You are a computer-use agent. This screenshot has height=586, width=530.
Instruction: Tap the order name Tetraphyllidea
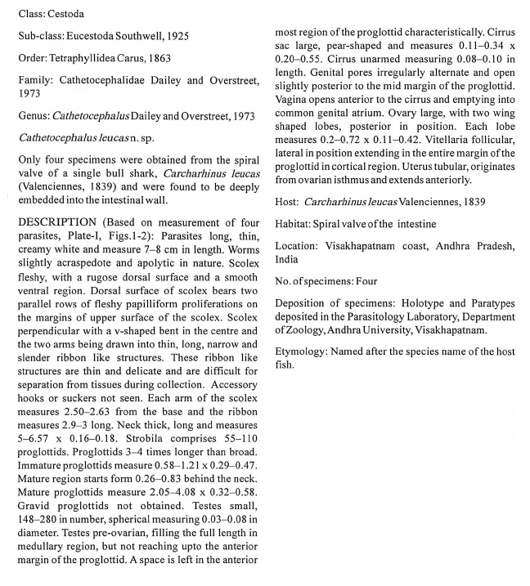(88, 60)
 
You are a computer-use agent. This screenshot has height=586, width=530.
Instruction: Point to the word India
(286, 259)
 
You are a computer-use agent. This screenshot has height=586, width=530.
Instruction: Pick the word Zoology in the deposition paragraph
(303, 329)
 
